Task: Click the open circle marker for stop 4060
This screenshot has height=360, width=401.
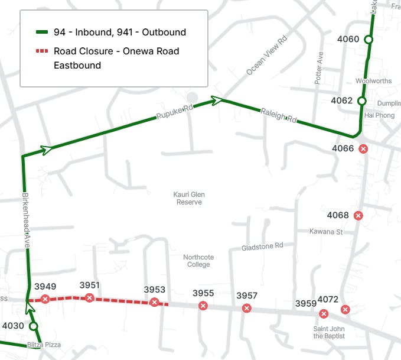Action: click(x=369, y=40)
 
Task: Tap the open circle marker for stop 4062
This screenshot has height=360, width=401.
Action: click(x=362, y=101)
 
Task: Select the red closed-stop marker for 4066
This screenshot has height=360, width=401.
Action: click(x=364, y=149)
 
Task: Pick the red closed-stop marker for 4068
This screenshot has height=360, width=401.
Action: click(x=358, y=216)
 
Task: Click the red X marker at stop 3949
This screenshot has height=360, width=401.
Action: click(x=45, y=299)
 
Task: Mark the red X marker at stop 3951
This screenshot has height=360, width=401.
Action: click(x=89, y=297)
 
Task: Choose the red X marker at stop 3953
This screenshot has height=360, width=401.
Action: click(x=154, y=302)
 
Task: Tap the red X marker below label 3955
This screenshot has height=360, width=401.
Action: click(x=203, y=306)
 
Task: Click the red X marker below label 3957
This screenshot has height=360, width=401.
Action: click(x=247, y=308)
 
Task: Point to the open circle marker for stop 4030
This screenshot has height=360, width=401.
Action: click(x=34, y=326)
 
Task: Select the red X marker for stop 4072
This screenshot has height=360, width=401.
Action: click(x=345, y=309)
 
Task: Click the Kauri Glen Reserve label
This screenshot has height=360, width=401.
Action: click(x=189, y=198)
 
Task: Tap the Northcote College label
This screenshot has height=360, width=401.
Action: click(x=198, y=261)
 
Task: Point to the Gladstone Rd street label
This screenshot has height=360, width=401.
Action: click(x=262, y=246)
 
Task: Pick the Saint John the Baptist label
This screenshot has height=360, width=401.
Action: click(x=329, y=332)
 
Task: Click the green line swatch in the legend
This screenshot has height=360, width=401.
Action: click(x=42, y=33)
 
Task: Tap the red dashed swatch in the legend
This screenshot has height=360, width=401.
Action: click(x=42, y=51)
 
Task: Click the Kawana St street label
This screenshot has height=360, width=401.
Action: click(x=326, y=232)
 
